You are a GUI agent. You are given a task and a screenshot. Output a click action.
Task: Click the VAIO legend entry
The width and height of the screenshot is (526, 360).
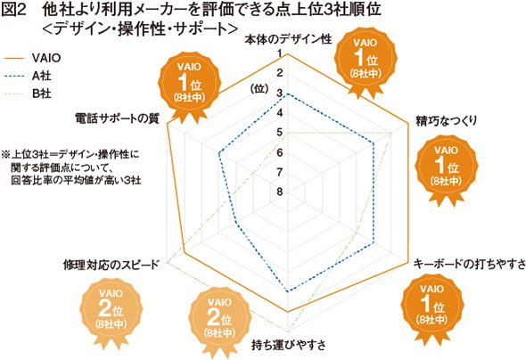32,58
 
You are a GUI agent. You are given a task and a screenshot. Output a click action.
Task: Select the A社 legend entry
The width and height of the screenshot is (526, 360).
28,76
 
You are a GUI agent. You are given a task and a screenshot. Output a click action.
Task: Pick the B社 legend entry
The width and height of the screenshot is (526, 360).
28,94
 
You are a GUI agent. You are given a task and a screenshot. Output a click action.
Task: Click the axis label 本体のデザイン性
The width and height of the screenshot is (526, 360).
288,39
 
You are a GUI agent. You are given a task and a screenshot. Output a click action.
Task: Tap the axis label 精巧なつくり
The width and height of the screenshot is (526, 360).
446,120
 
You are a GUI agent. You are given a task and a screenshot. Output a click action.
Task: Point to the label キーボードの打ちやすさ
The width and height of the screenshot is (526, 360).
469,264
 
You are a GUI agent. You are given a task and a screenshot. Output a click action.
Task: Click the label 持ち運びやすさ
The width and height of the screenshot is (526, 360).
289,345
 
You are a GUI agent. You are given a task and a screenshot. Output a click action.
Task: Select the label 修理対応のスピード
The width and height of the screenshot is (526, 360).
111,265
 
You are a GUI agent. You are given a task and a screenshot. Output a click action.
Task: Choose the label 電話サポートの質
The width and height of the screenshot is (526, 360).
117,119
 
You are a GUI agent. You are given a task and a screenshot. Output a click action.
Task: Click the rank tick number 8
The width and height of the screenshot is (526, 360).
280,192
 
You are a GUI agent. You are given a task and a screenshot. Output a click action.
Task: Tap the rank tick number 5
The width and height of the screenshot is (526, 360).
280,133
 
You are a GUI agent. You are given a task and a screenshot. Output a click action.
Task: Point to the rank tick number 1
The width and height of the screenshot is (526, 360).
280,53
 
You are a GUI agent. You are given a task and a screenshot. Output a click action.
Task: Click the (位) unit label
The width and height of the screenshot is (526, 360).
259,88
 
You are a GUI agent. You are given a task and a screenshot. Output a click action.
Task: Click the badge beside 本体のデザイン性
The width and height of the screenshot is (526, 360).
366,61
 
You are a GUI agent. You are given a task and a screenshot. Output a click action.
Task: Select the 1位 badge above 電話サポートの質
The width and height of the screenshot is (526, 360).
190,86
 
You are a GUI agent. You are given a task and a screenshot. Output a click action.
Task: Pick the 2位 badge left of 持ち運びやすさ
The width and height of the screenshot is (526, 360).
219,320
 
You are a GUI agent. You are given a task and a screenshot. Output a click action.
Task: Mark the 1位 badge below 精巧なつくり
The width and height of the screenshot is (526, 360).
446,168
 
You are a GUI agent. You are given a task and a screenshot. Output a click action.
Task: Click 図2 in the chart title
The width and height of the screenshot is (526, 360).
13,10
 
